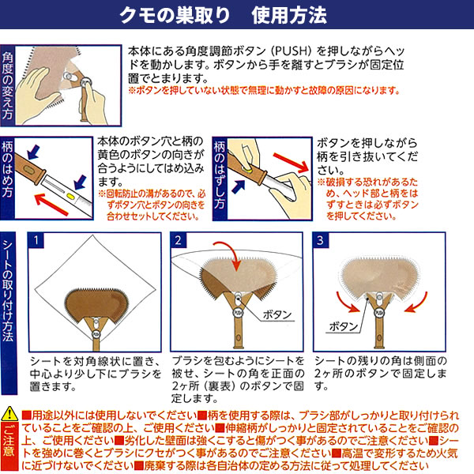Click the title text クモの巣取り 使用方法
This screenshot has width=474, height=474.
(x=223, y=15)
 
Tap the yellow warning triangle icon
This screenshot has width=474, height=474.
(x=9, y=413)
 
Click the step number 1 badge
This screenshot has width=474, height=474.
(x=36, y=241)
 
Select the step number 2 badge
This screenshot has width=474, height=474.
(x=178, y=241)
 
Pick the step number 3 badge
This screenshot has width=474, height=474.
(x=320, y=241)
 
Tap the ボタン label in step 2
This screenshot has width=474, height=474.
(x=277, y=315)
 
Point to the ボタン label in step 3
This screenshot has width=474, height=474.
(x=344, y=326)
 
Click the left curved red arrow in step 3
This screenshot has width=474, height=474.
(x=346, y=303)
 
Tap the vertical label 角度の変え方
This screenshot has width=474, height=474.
(x=7, y=86)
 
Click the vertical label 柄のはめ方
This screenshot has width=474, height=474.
(x=7, y=170)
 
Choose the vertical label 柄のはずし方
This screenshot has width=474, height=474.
(x=220, y=175)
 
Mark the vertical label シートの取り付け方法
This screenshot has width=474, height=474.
(x=8, y=291)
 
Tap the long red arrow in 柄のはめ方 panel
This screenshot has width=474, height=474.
(x=51, y=205)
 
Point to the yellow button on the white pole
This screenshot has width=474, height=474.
(x=70, y=196)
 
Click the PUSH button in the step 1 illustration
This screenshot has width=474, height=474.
(x=96, y=334)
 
